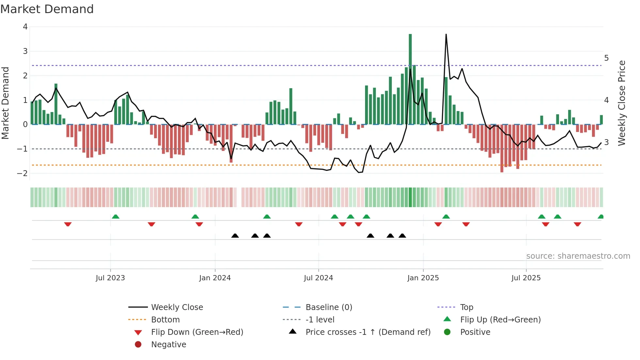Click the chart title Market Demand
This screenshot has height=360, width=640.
tap(47, 9)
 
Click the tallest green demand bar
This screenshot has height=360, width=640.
tap(410, 78)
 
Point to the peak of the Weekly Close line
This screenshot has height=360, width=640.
tap(446, 35)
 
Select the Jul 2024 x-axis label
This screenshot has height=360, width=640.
tap(318, 278)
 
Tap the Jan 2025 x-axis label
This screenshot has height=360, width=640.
tap(423, 278)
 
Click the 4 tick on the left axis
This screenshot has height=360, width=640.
tap(25, 27)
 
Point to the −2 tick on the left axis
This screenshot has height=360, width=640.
tap(23, 173)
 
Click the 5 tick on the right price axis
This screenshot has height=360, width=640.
tap(606, 58)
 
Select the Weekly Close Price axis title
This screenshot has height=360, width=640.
tap(622, 103)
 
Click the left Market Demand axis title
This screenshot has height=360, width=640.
tap(5, 103)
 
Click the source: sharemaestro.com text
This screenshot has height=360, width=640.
tap(578, 256)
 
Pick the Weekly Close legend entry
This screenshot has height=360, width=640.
tap(177, 307)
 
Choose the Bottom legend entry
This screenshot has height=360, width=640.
tap(165, 319)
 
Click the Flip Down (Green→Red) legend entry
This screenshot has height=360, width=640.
tap(197, 332)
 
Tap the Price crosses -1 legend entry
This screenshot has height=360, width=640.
tap(368, 332)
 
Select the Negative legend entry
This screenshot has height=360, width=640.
tap(168, 344)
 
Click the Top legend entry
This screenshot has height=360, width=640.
tap(467, 307)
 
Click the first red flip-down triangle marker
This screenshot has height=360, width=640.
tap(68, 224)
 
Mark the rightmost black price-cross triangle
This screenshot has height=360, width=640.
tap(402, 236)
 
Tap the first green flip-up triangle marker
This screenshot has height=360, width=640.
tap(116, 217)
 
